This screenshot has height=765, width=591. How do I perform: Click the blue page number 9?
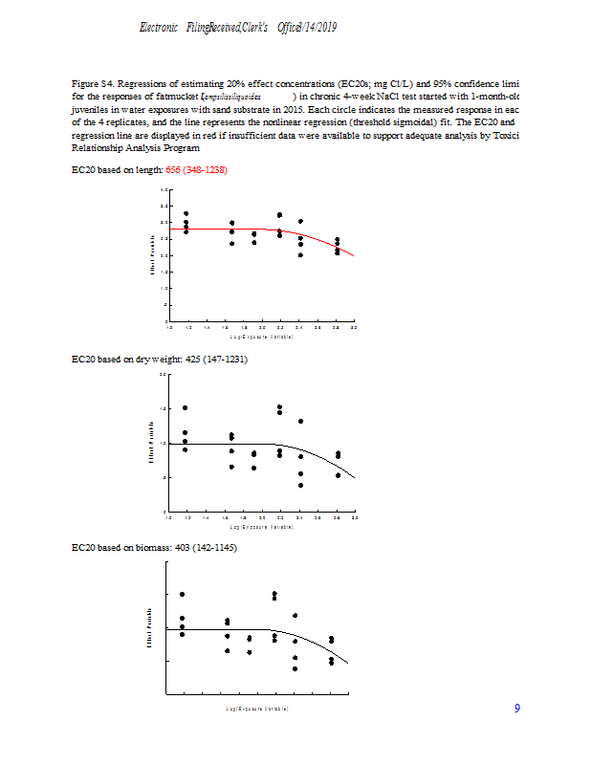[x=517, y=709]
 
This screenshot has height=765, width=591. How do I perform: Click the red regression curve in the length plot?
[x=325, y=240]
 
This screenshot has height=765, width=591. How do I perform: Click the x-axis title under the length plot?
[x=261, y=337]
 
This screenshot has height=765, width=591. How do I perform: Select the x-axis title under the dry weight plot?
[x=261, y=526]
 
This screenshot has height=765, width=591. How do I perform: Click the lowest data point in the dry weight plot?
[x=300, y=485]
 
